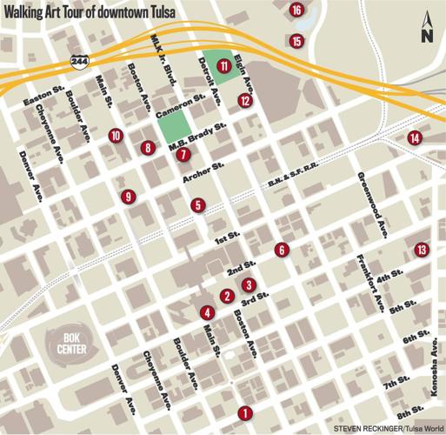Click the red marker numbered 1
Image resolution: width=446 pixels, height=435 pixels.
244,413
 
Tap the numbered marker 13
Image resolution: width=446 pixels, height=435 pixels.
422,250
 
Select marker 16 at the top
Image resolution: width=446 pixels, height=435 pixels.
296,10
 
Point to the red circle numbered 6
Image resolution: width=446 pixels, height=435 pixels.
281,250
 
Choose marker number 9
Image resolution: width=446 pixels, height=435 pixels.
128,197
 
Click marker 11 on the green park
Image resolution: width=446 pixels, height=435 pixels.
224,65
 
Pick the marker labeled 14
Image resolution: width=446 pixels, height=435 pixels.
415,137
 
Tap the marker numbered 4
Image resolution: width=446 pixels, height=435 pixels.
206,312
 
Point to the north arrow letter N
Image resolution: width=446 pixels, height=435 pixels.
425,36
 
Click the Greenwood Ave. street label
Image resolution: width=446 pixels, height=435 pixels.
373,205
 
